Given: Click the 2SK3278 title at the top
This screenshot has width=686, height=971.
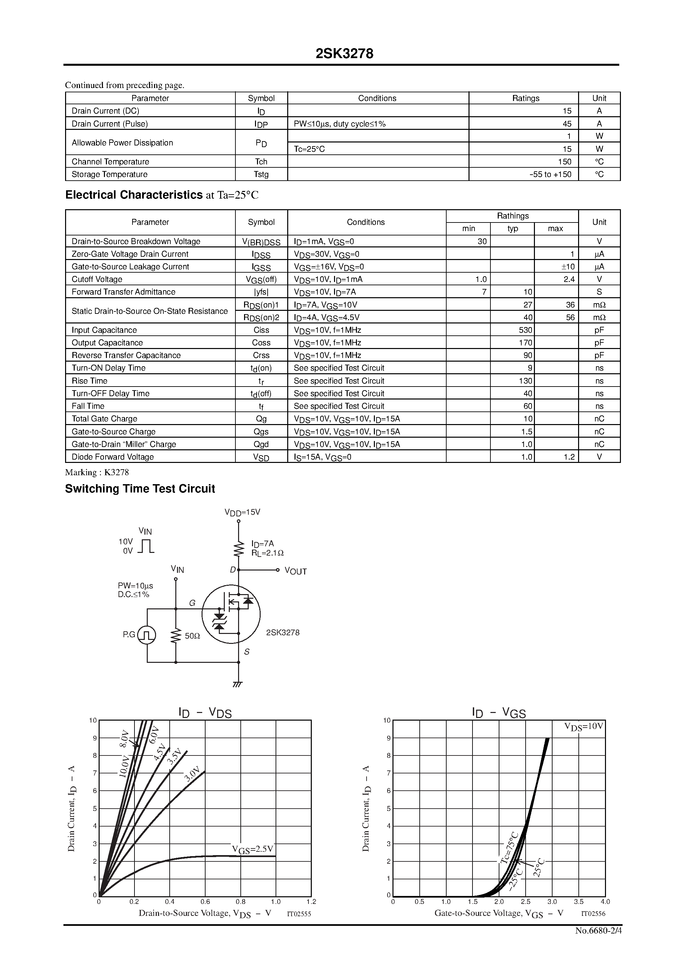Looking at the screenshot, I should point(344,54).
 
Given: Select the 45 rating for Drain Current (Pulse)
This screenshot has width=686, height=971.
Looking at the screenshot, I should point(567,124).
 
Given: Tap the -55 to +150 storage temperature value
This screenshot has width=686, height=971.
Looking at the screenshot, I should point(550,174).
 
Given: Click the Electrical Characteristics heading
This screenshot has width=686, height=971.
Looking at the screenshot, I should point(134,195).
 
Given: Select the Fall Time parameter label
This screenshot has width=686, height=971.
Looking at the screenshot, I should point(88,406).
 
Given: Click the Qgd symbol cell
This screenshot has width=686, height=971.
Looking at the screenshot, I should point(261,444).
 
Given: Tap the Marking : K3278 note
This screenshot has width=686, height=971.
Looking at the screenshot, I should point(97,473).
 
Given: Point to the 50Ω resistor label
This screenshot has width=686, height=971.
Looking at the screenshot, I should point(193,636).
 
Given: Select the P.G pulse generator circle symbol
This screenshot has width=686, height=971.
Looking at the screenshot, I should point(147,635).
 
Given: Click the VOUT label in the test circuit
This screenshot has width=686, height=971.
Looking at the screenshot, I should point(296,572).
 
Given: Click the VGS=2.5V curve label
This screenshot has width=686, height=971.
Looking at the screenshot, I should point(252,849).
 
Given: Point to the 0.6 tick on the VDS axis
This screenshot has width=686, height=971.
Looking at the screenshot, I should point(205,902).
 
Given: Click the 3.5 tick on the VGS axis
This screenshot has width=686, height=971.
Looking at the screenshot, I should point(578,902).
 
